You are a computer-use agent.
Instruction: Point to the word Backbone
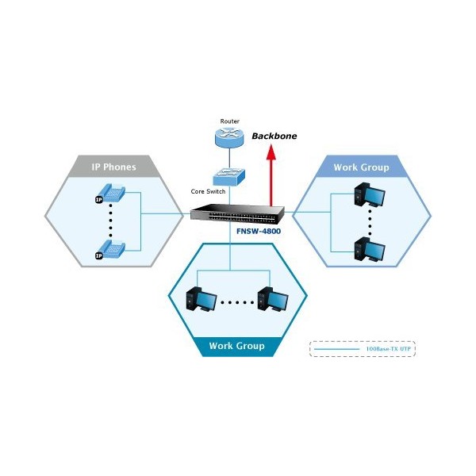click(x=274, y=136)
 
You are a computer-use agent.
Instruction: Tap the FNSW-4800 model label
click(x=258, y=232)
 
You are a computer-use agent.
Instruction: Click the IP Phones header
click(x=115, y=167)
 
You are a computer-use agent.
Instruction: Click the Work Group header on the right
click(x=361, y=167)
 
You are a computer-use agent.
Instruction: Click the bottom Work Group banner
click(x=236, y=347)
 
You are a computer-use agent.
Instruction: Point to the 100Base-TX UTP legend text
click(x=389, y=349)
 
